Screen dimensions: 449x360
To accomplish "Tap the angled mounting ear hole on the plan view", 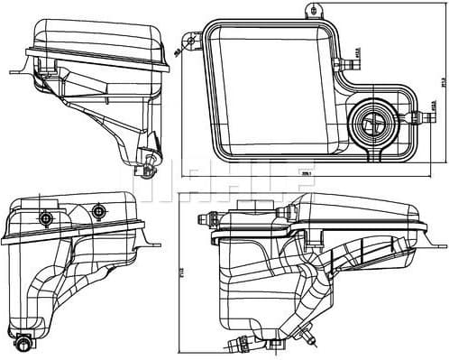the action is point(191,39).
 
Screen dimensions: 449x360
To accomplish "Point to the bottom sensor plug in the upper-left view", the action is point(149,165).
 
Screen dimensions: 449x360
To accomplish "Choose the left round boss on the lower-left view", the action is point(45,217).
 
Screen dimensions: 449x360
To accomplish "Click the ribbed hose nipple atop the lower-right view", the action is point(207,216).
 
